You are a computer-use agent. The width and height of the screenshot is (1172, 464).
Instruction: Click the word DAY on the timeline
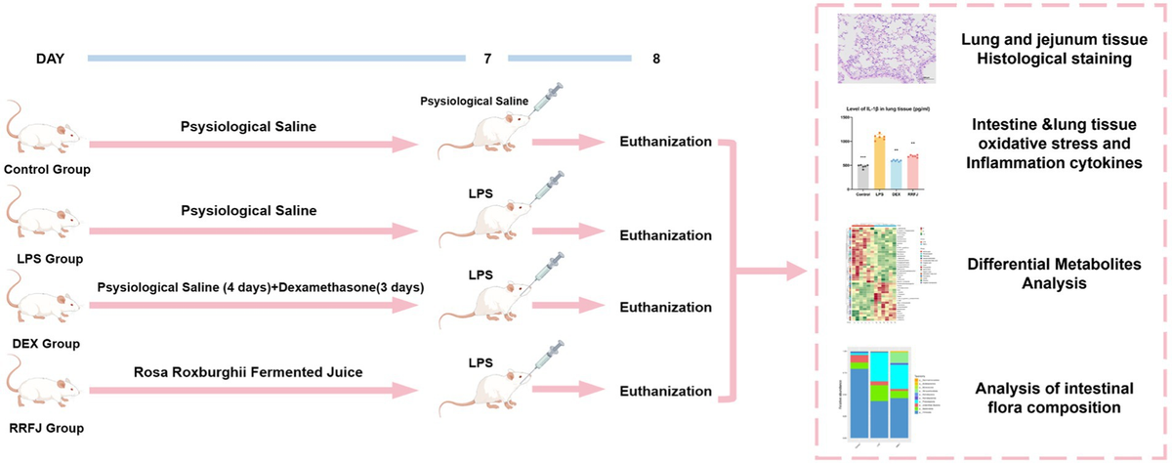pyautogui.click(x=50, y=60)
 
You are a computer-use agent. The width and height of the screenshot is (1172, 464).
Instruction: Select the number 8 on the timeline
pyautogui.click(x=654, y=60)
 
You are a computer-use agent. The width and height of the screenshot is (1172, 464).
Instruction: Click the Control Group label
pyautogui.click(x=47, y=172)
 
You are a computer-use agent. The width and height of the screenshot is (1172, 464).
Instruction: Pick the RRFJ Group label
pyautogui.click(x=42, y=427)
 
